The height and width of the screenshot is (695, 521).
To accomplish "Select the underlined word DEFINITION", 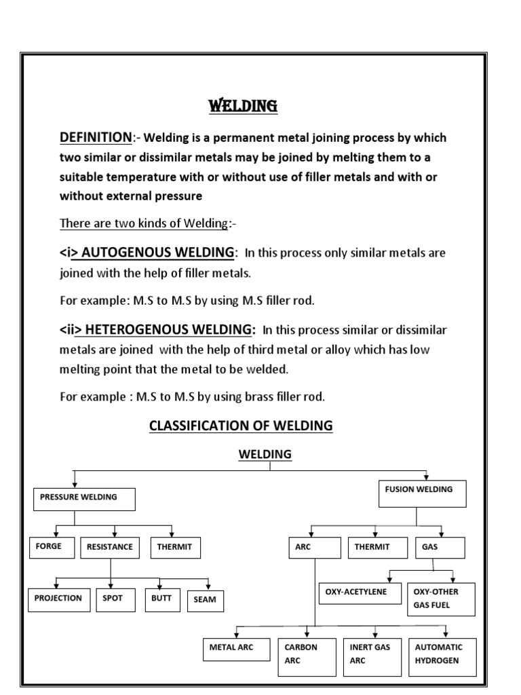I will (x=95, y=138).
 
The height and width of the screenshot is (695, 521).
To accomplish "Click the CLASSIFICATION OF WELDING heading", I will (x=241, y=426).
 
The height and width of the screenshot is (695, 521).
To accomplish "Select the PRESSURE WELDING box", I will (x=84, y=500).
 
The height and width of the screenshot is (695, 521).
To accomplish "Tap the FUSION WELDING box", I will (x=421, y=492).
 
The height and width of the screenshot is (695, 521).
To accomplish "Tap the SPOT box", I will (x=113, y=601).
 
